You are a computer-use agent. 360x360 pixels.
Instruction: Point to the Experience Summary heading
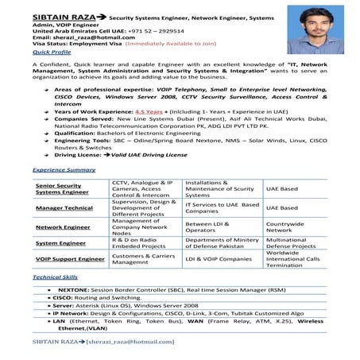point(64,170)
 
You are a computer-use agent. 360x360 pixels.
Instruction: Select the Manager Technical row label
point(64,208)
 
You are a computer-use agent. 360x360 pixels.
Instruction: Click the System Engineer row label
point(61,243)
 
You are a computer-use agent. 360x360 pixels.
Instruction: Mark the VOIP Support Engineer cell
point(69,259)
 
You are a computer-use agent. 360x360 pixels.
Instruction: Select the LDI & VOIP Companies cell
point(212,259)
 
